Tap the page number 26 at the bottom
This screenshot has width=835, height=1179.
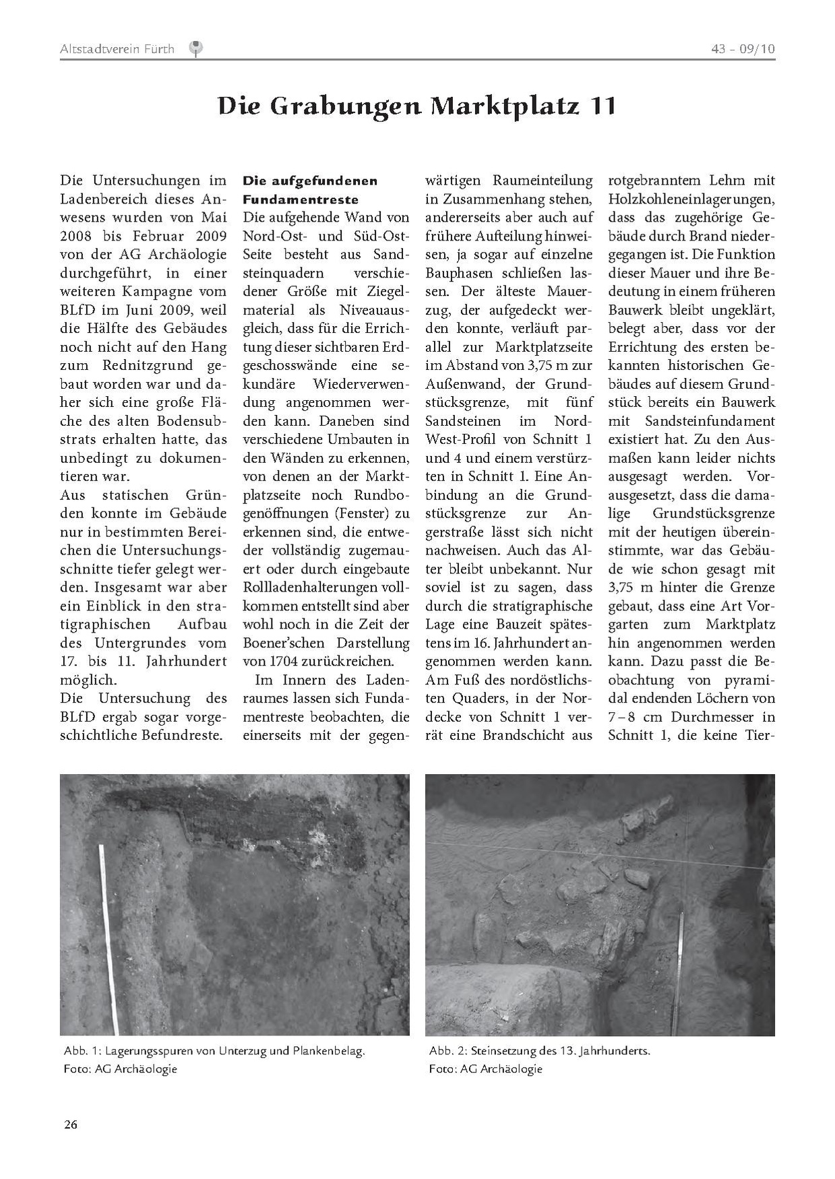pyautogui.click(x=71, y=1124)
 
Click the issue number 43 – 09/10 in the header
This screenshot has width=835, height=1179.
pyautogui.click(x=743, y=49)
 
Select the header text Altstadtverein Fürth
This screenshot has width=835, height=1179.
pyautogui.click(x=117, y=49)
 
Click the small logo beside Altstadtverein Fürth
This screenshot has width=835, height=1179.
pyautogui.click(x=196, y=48)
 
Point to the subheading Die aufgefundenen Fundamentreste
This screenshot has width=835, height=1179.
pyautogui.click(x=309, y=190)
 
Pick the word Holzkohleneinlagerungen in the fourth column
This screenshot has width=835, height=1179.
pyautogui.click(x=691, y=199)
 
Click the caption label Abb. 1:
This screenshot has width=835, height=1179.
pyautogui.click(x=82, y=1050)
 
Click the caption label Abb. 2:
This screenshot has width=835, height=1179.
pyautogui.click(x=447, y=1050)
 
